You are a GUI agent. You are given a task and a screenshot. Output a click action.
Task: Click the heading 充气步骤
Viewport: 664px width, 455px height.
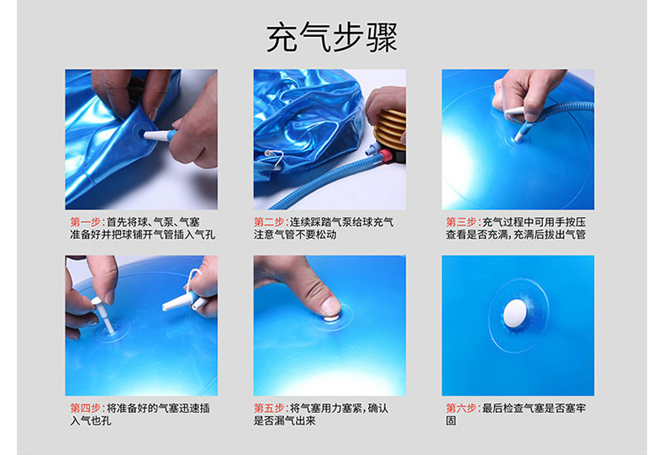click(x=331, y=37)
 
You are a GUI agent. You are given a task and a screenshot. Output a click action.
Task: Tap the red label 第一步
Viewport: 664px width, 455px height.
click(x=86, y=222)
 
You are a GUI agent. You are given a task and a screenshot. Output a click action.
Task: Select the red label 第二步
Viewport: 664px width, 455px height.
click(x=270, y=222)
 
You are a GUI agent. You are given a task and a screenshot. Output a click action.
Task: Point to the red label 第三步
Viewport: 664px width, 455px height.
click(x=461, y=222)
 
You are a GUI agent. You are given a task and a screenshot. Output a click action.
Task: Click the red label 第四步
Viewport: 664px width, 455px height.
click(x=86, y=408)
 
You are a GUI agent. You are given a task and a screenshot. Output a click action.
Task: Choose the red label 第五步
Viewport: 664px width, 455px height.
click(x=270, y=408)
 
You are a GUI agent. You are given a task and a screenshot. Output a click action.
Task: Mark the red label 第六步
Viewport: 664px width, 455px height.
click(x=461, y=408)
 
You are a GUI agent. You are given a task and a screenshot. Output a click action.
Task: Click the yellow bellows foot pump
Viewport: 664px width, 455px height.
click(x=389, y=130)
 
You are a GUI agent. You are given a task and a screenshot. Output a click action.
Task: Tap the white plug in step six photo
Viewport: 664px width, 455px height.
click(x=515, y=314)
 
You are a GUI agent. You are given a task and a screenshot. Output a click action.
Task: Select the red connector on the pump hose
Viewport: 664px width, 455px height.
click(x=385, y=156)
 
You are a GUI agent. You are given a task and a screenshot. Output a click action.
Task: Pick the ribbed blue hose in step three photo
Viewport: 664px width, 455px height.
click(x=564, y=110)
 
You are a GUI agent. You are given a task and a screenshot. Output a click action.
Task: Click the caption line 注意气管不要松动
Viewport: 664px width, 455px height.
click(x=295, y=235)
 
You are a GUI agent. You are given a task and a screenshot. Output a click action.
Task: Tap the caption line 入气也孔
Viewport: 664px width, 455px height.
click(x=90, y=421)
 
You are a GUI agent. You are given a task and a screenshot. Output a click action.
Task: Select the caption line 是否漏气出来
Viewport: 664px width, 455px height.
click(x=285, y=421)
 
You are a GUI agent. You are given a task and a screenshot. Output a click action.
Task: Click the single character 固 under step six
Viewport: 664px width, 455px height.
click(x=451, y=421)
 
